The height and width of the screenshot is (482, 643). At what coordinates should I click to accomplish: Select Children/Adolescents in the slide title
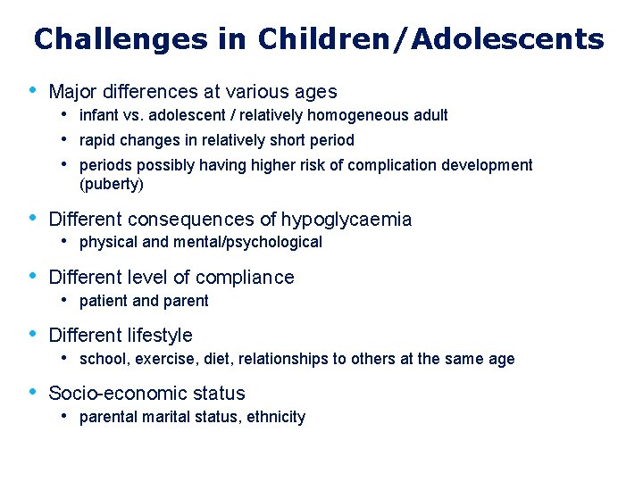430,39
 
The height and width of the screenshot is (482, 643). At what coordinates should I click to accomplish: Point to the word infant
98,115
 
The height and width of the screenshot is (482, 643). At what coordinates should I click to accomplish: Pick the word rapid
97,140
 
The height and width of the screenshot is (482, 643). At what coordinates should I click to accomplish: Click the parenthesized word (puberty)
111,185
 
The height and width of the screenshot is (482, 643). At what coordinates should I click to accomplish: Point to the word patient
102,301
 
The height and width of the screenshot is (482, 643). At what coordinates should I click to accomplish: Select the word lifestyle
161,336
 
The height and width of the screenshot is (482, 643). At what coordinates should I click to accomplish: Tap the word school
100,359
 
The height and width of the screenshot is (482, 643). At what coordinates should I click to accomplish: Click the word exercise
157,359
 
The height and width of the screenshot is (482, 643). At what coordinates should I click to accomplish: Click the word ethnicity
276,417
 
